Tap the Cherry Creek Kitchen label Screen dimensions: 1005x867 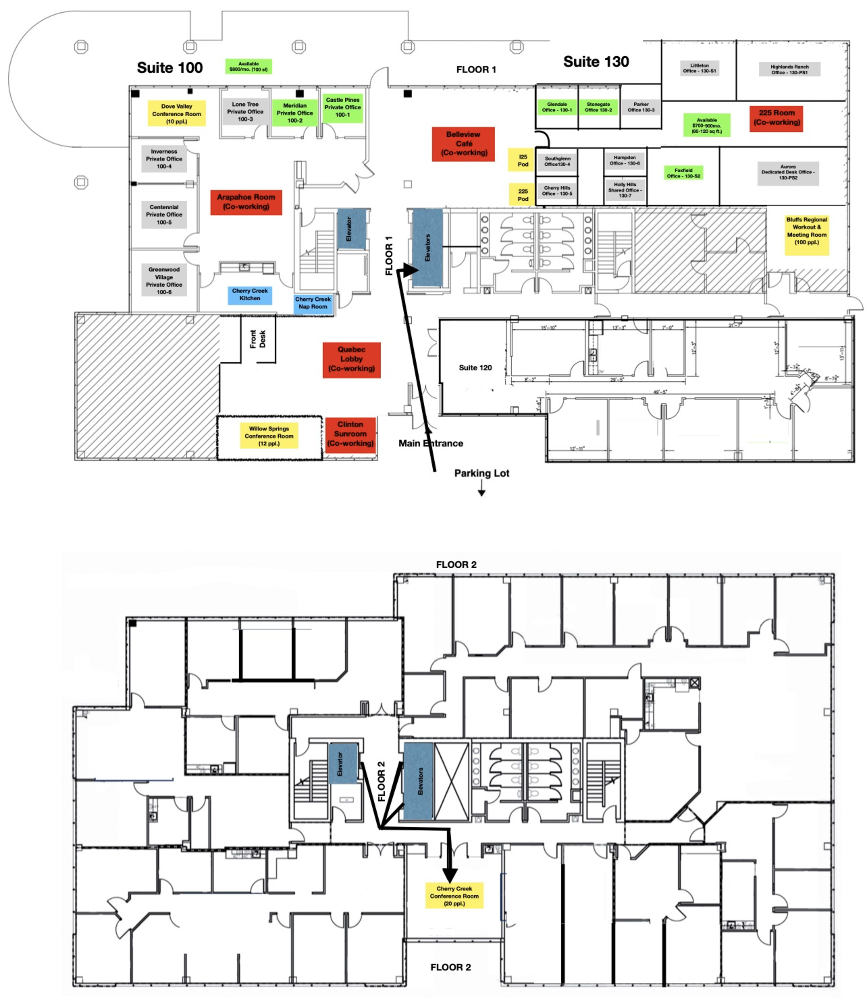[x=249, y=294]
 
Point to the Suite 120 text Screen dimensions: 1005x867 [x=475, y=368]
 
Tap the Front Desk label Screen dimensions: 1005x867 [x=257, y=339]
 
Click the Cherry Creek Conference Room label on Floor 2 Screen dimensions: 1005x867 [x=454, y=896]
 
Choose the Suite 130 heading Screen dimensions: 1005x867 [x=596, y=62]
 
